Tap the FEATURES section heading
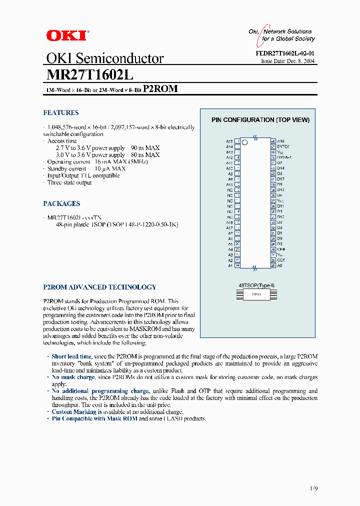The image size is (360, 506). pos(60,113)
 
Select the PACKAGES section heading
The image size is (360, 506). pos(61,204)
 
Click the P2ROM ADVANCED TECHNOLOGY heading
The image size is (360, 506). pos(99,287)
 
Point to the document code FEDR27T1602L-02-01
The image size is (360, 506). pos(285,53)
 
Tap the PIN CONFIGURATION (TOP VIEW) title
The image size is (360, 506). pos(260,120)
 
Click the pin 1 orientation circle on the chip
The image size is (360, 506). pos(245,142)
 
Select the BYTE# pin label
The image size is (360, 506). pos(283,146)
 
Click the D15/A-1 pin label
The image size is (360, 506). pos(284,157)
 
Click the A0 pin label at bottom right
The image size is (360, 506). pos(280,265)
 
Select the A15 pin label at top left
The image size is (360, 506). pos(229,141)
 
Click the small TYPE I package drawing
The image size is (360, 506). pos(256,295)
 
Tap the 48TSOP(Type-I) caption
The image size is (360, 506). pos(256,285)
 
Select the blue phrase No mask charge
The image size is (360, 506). pos(73,377)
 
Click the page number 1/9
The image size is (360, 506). pos(313,488)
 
